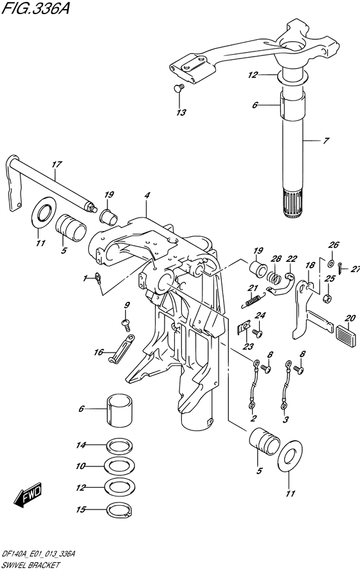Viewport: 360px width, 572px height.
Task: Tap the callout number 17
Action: tap(57, 165)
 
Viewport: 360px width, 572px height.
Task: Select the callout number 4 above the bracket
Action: tap(147, 195)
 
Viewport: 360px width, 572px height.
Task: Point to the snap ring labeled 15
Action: tap(120, 510)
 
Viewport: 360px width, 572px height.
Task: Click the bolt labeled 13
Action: tap(179, 88)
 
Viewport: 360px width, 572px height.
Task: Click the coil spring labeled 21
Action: tap(252, 300)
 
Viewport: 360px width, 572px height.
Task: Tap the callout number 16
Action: tap(99, 353)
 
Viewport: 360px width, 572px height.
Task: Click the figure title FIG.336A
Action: tap(36, 8)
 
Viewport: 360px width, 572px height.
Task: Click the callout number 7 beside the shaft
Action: tap(326, 140)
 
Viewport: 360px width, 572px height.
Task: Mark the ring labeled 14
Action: tap(120, 445)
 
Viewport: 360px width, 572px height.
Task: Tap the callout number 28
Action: tap(276, 259)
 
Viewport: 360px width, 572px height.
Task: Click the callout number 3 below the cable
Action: tap(285, 420)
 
